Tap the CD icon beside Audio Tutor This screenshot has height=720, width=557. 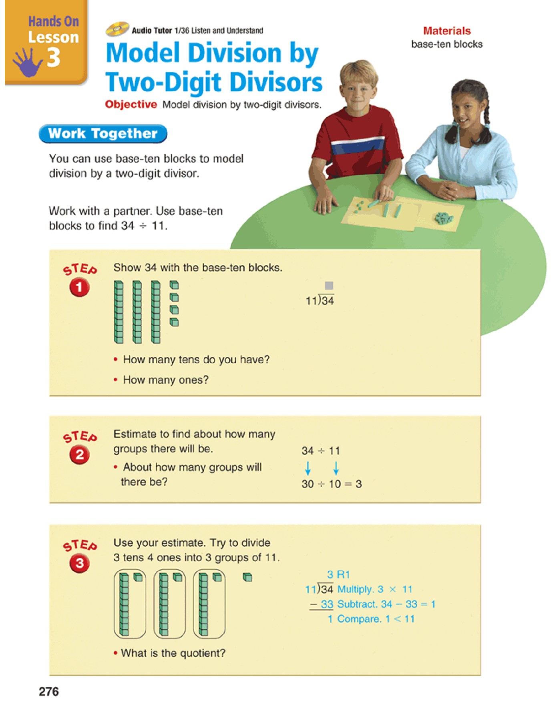click(x=117, y=29)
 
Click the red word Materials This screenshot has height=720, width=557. click(x=447, y=31)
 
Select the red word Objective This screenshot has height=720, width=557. click(x=131, y=104)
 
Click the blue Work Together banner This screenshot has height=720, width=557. click(x=103, y=134)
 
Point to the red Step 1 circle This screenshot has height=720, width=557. click(x=79, y=288)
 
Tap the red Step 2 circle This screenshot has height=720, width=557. click(x=80, y=455)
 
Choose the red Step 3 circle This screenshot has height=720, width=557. click(x=80, y=564)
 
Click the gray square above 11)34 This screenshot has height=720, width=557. click(x=329, y=286)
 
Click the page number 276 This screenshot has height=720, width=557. click(x=49, y=692)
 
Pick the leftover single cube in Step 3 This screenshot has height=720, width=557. click(x=248, y=577)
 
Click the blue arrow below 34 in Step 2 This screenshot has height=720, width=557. click(x=308, y=468)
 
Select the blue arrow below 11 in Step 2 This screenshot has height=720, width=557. click(x=336, y=468)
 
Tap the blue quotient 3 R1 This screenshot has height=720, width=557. click(x=338, y=575)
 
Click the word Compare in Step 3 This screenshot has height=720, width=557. click(x=359, y=619)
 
